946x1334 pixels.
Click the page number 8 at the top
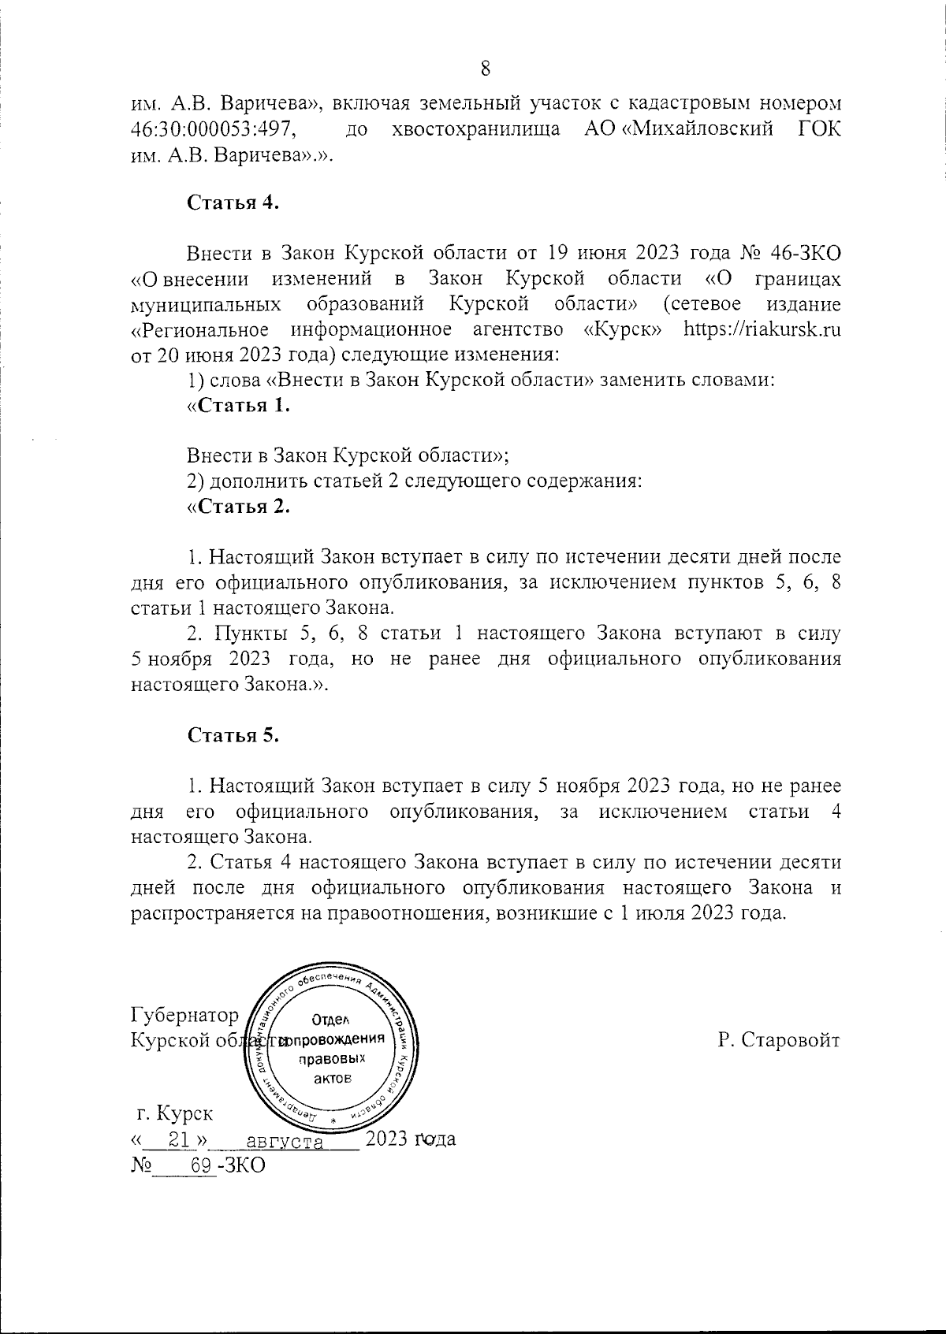(486, 69)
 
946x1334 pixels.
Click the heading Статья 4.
(234, 203)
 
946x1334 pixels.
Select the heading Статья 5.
(234, 735)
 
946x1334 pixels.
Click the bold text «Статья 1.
(239, 406)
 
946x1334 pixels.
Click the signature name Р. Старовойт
(779, 1039)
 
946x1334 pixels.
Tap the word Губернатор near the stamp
(185, 1014)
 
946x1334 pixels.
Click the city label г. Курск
(174, 1114)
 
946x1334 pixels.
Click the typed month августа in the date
(285, 1141)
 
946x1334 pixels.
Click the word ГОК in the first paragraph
(819, 128)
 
